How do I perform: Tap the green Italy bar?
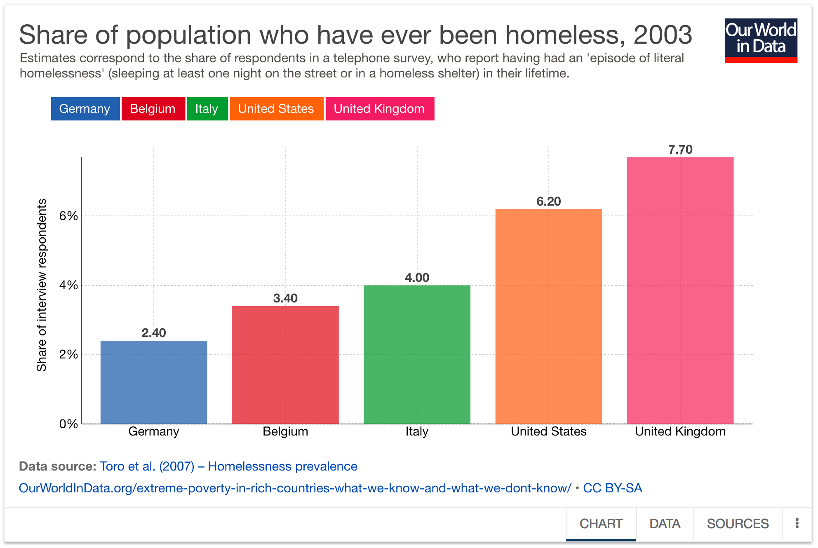click(417, 354)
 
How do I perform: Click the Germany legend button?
click(85, 109)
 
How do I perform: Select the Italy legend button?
click(207, 109)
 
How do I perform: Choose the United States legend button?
click(276, 109)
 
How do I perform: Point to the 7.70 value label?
click(680, 150)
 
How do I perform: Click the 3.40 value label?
click(285, 298)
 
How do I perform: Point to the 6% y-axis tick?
click(68, 216)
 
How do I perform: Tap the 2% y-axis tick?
click(68, 354)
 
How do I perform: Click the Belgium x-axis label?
click(285, 431)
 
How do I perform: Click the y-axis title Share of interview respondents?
click(42, 285)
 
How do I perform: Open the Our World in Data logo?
click(761, 40)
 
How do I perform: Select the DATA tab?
click(665, 524)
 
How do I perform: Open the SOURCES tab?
click(738, 524)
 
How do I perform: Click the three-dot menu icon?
click(797, 523)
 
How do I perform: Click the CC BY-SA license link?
click(612, 488)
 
